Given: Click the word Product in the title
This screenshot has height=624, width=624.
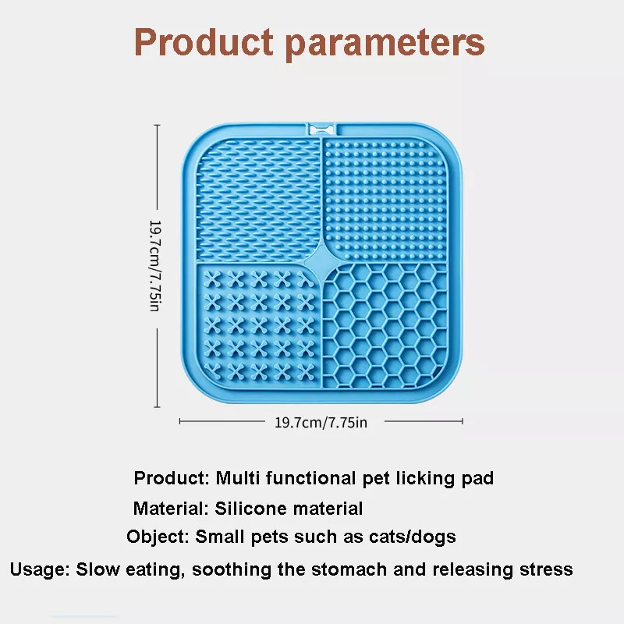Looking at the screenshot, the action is [x=204, y=41].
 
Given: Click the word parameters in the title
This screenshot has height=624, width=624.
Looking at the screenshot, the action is [x=385, y=44].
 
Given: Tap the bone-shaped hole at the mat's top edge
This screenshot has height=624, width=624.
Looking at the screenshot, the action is [x=321, y=129].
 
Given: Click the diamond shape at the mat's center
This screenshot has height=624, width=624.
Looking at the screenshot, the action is [x=321, y=262].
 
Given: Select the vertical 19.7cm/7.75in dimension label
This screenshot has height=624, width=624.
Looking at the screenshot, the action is [x=154, y=266].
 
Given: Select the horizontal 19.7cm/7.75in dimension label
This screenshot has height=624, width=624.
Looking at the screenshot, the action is [x=321, y=422].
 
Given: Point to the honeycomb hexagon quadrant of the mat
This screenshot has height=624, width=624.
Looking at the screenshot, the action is [x=385, y=325].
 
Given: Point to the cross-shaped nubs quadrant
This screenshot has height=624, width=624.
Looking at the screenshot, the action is [x=258, y=325].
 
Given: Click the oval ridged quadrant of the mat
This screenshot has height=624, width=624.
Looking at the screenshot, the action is [x=258, y=200].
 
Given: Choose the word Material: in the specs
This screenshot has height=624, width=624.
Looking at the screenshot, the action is [x=171, y=509].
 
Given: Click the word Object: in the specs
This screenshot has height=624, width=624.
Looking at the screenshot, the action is [x=158, y=537].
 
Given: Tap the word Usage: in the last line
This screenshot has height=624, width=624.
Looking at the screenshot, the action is [x=40, y=569].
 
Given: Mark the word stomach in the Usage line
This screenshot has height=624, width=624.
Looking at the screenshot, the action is [x=349, y=569].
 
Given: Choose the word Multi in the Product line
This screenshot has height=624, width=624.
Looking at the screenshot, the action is [x=238, y=477].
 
